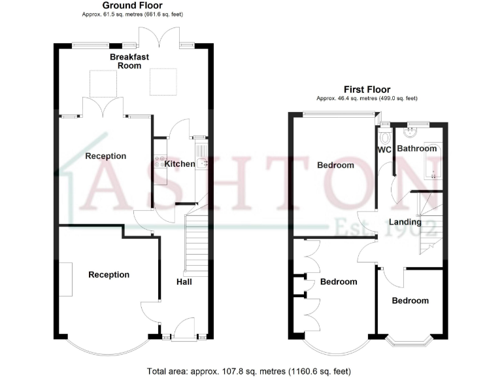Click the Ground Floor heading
point(133,5)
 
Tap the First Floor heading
point(367,90)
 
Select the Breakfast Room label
point(129,62)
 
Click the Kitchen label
point(179,164)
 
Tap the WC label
point(384,149)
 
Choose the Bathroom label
point(417,149)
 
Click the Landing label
point(404,222)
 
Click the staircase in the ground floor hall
point(197,246)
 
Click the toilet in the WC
point(386,137)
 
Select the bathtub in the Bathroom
point(433,160)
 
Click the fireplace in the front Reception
point(67,279)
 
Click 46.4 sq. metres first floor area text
point(367,98)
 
